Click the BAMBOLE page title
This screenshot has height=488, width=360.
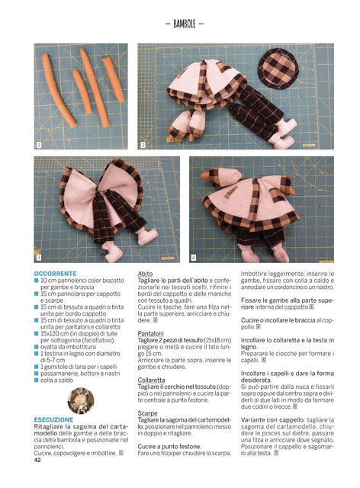(184, 24)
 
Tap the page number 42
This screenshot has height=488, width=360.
(37, 460)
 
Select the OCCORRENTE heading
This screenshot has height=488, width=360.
(55, 274)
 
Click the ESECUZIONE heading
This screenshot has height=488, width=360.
(54, 419)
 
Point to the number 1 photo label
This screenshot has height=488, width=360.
(39, 145)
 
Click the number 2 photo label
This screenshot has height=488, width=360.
(143, 145)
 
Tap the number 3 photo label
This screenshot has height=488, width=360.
(39, 258)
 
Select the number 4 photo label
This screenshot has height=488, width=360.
(194, 258)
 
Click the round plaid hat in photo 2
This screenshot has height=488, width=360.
(278, 69)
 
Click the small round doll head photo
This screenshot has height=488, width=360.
(81, 401)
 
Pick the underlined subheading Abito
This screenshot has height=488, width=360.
(145, 274)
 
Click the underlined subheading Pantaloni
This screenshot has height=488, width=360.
(151, 333)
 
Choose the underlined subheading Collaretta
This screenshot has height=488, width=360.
(151, 380)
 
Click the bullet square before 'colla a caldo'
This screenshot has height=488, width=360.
(36, 380)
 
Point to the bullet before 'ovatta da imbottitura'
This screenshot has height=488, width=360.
(36, 347)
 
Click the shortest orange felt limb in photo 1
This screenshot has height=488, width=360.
(82, 91)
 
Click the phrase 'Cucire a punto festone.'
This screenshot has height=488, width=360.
(169, 446)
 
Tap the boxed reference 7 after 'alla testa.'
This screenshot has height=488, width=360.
(276, 453)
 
